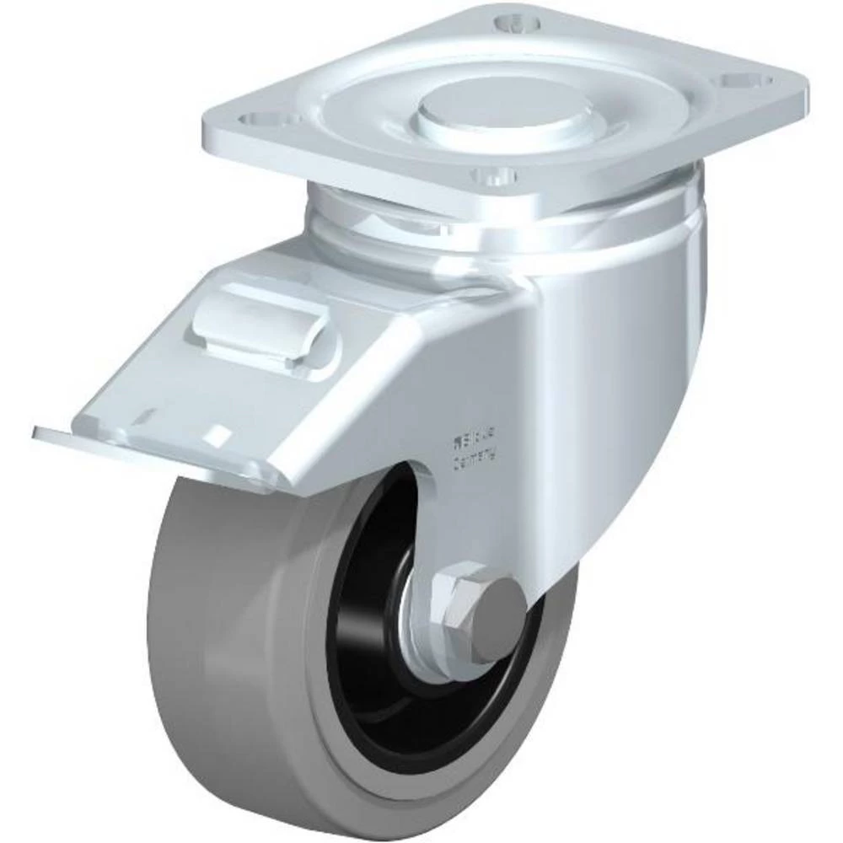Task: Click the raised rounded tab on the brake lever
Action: tap(262, 319)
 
